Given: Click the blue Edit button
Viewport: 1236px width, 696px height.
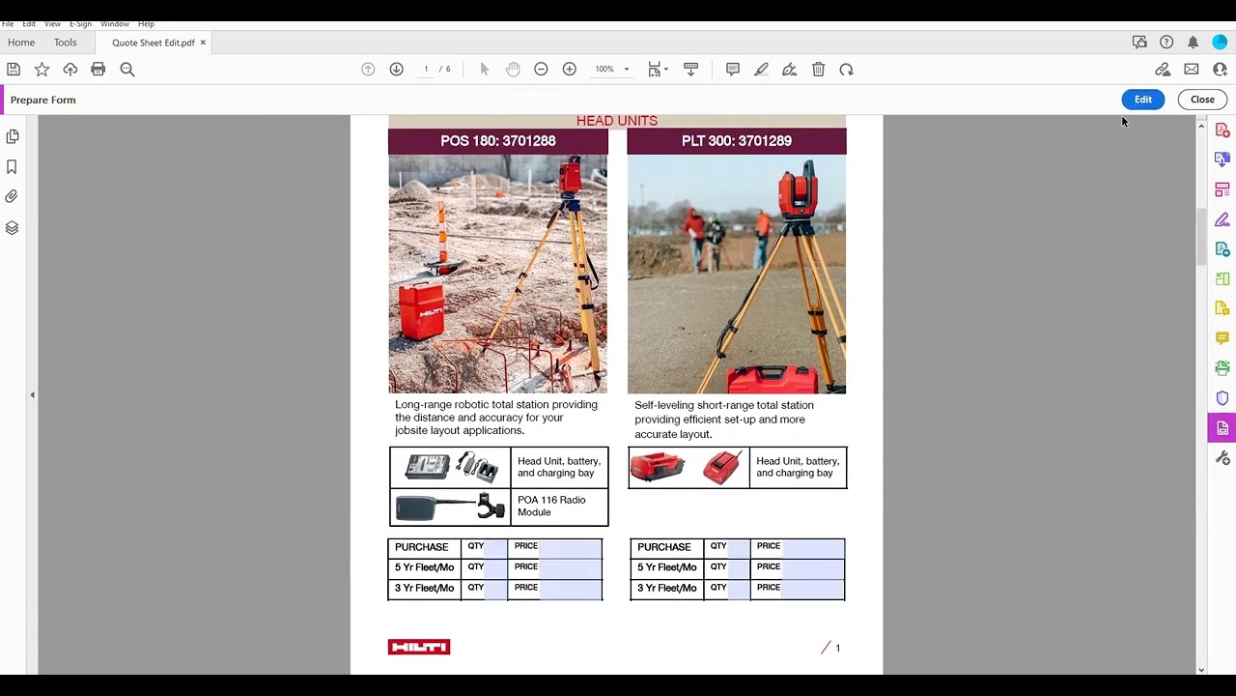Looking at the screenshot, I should pyautogui.click(x=1142, y=100).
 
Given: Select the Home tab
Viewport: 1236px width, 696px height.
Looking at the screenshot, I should pyautogui.click(x=21, y=43).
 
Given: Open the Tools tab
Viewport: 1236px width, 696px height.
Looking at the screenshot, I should pyautogui.click(x=66, y=43).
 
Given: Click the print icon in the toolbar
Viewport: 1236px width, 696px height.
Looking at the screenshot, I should pyautogui.click(x=98, y=70).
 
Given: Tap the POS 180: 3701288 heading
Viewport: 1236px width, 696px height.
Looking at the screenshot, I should pyautogui.click(x=497, y=141).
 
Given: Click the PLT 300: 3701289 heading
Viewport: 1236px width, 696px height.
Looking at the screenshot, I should pyautogui.click(x=736, y=141).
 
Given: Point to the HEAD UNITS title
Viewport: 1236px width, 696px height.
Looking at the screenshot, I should pyautogui.click(x=616, y=121).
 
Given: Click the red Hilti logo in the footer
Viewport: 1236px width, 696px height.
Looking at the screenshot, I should pyautogui.click(x=418, y=647).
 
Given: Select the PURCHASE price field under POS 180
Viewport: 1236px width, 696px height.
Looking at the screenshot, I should pyautogui.click(x=569, y=547).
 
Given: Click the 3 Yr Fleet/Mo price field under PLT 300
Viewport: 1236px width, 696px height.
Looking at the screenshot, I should pyautogui.click(x=811, y=588).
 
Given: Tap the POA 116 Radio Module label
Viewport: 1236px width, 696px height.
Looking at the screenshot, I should pyautogui.click(x=551, y=506).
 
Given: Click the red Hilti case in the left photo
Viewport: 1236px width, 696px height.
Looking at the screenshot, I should pyautogui.click(x=421, y=311).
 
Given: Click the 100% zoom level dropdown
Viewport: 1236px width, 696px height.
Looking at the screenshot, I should pyautogui.click(x=611, y=70).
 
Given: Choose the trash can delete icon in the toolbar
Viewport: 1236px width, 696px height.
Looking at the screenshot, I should pyautogui.click(x=818, y=70).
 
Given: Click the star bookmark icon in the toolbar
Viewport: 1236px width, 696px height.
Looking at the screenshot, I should pyautogui.click(x=42, y=70).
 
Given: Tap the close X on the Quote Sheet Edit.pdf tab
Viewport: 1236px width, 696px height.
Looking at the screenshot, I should pyautogui.click(x=203, y=43).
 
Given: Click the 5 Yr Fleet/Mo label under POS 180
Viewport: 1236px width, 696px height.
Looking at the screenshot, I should pyautogui.click(x=424, y=567).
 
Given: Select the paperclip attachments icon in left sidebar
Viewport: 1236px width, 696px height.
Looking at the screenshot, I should pyautogui.click(x=12, y=196).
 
